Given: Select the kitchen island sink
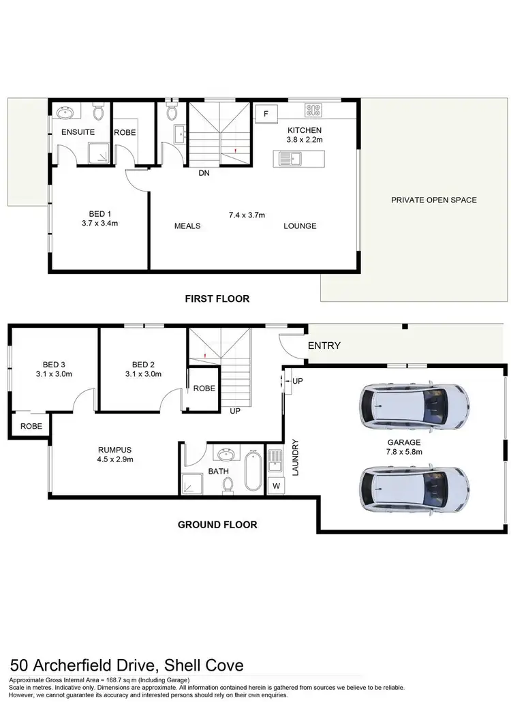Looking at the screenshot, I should tap(295, 159).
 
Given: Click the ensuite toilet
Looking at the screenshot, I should tap(98, 110).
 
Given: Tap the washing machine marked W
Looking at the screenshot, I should tap(276, 486).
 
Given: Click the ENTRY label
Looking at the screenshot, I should tap(324, 346).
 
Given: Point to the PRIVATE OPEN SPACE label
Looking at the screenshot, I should tap(434, 200).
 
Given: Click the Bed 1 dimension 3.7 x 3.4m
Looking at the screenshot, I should tap(100, 222).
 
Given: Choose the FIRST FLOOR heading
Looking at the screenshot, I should tap(217, 299).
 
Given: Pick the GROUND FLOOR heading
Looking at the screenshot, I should tap(217, 525).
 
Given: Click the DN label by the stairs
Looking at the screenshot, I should tap(204, 174).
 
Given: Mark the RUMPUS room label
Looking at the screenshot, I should tap(114, 449).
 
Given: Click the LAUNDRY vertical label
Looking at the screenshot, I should tap(295, 456).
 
